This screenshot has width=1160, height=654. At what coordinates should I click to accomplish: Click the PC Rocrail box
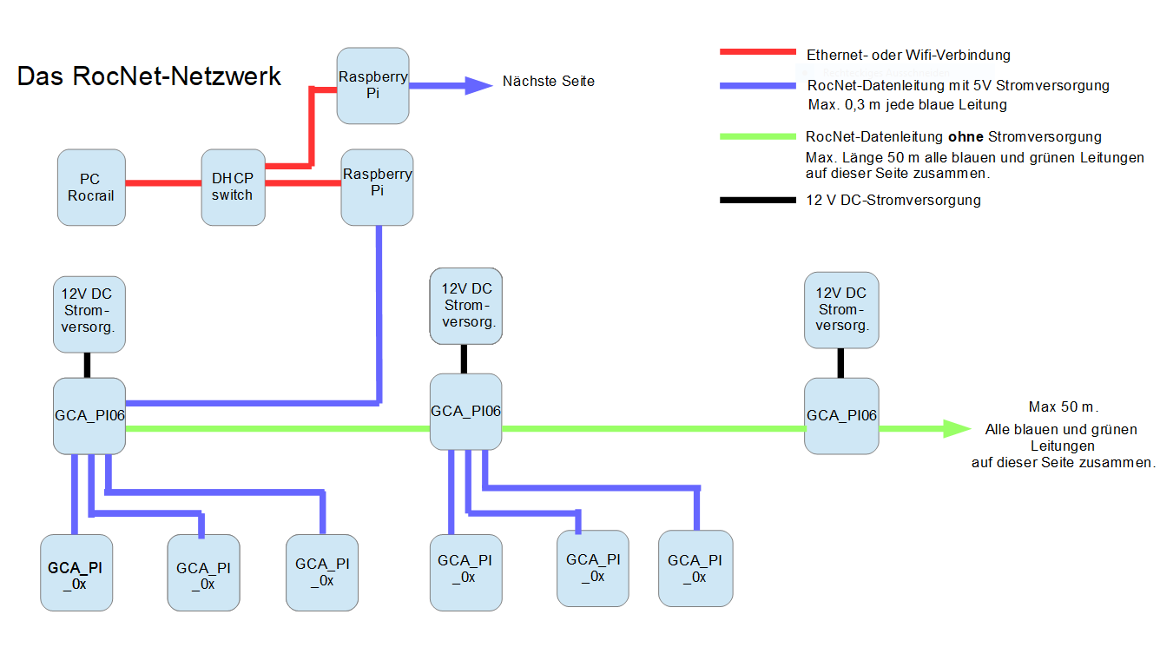[91, 188]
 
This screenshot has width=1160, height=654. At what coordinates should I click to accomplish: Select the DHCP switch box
[233, 188]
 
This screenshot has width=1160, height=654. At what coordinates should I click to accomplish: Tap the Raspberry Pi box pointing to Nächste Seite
[372, 85]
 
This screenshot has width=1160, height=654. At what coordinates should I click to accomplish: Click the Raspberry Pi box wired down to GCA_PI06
[377, 187]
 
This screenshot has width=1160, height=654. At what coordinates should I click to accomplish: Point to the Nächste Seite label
[549, 82]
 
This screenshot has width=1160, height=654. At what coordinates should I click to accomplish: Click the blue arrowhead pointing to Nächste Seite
[478, 85]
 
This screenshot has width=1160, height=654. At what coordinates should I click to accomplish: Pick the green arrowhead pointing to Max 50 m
[956, 428]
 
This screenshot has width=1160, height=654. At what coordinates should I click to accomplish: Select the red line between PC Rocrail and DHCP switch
[163, 183]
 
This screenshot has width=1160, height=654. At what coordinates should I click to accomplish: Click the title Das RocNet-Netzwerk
[149, 76]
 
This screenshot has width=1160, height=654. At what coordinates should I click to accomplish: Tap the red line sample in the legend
[757, 53]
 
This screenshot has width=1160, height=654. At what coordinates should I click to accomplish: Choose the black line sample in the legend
[757, 201]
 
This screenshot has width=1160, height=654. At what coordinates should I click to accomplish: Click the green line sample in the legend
[757, 136]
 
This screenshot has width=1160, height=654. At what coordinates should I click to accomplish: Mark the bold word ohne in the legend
[964, 136]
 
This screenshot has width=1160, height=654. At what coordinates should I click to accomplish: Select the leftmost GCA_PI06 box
[89, 415]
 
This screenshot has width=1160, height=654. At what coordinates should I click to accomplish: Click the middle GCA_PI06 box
[465, 411]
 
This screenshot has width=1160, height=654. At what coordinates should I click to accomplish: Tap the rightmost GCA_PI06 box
[840, 415]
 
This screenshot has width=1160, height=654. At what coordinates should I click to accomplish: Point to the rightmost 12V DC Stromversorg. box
[840, 310]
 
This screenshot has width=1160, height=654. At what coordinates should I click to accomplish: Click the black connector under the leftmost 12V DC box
[87, 365]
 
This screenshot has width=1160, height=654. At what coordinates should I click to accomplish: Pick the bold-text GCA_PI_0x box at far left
[76, 574]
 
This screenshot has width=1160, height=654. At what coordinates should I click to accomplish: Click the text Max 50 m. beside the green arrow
[1069, 407]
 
